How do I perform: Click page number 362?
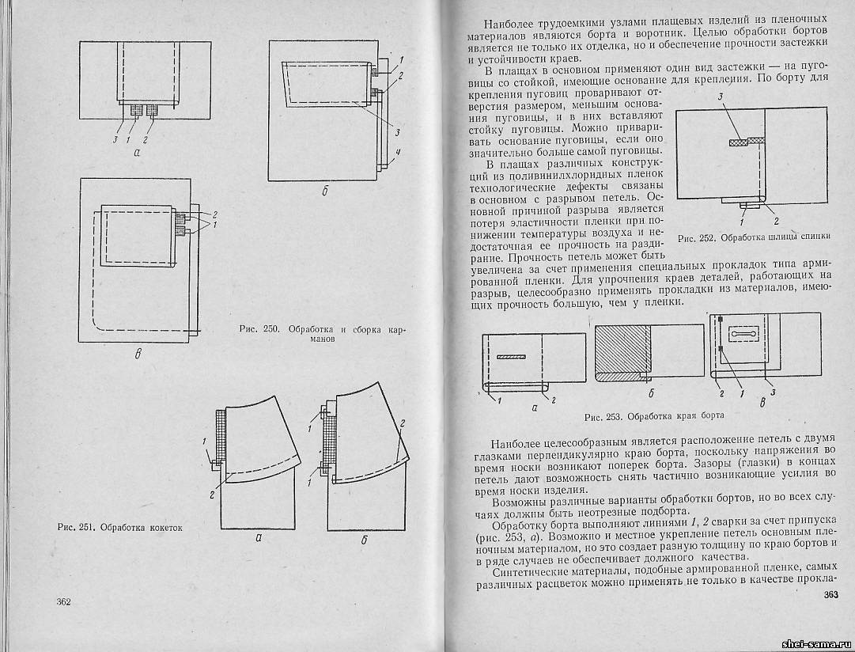tap(64, 602)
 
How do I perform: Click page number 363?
tap(830, 595)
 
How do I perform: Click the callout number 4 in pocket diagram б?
tap(399, 153)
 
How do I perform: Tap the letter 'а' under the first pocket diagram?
tap(138, 154)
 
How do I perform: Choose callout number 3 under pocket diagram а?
tap(115, 140)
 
